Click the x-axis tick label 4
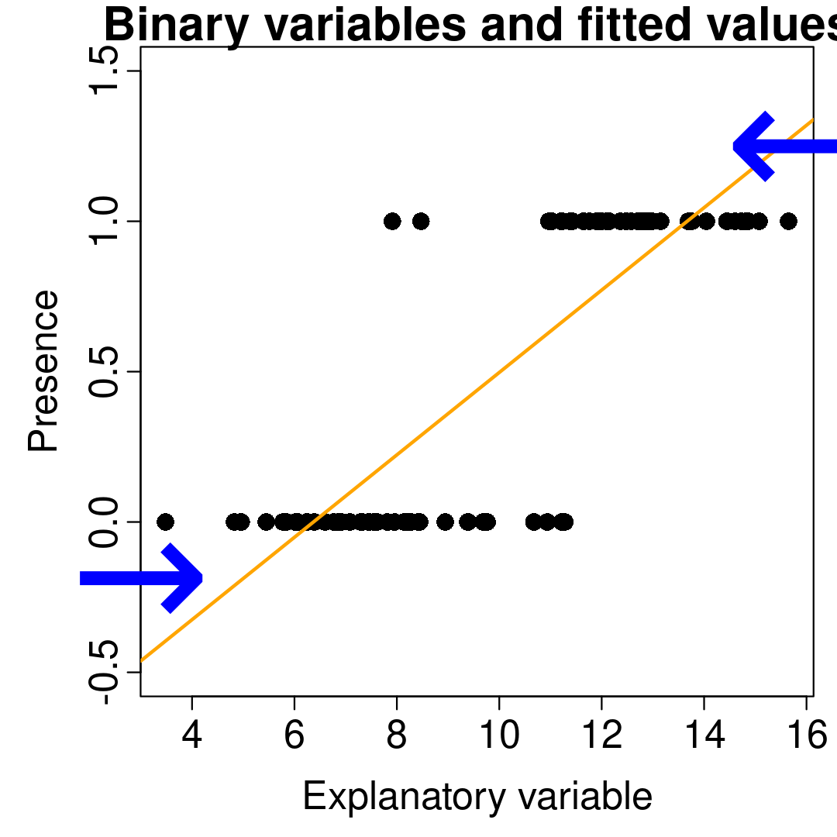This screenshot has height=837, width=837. pyautogui.click(x=191, y=737)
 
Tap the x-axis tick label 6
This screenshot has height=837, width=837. pyautogui.click(x=294, y=737)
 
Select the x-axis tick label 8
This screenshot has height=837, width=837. pyautogui.click(x=396, y=737)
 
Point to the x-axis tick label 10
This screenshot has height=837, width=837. pyautogui.click(x=499, y=737)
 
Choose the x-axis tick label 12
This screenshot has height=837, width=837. pyautogui.click(x=601, y=737)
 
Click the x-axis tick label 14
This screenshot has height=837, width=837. pyautogui.click(x=704, y=737)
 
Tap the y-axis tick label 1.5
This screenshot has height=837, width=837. pyautogui.click(x=104, y=71)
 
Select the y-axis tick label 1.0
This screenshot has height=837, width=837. pyautogui.click(x=104, y=221)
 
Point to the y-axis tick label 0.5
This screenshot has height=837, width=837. pyautogui.click(x=104, y=371)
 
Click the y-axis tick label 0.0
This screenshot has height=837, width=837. pyautogui.click(x=104, y=522)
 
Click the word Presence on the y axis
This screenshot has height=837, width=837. pyautogui.click(x=43, y=370)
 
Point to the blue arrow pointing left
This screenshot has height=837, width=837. pyautogui.click(x=783, y=146)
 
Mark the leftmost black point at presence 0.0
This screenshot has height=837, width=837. pyautogui.click(x=165, y=522)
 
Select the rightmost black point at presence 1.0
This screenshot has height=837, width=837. pyautogui.click(x=788, y=221)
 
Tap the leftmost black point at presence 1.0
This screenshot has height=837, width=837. pyautogui.click(x=392, y=221)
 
